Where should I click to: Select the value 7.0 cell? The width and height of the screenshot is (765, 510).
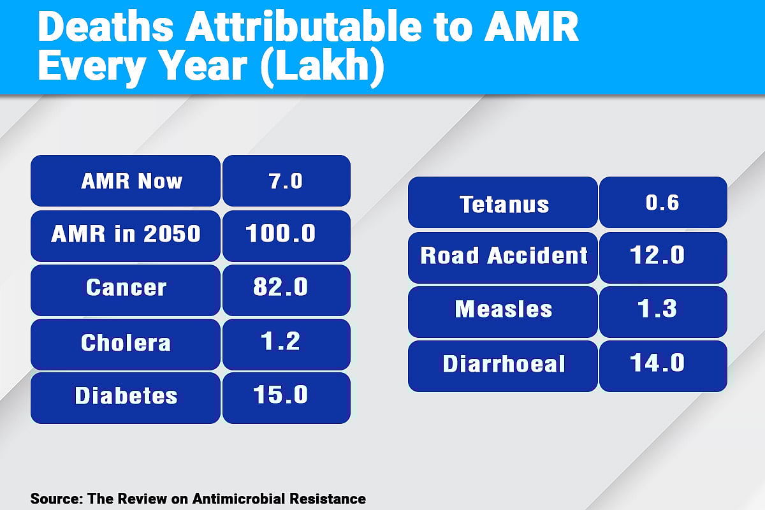(x=286, y=181)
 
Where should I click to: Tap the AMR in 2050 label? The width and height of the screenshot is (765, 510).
(x=126, y=235)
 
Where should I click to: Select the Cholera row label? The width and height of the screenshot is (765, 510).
(x=126, y=344)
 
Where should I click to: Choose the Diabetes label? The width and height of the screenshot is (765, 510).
(x=126, y=397)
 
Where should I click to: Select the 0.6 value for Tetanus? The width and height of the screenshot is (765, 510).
(x=663, y=203)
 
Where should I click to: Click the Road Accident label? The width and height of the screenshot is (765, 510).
(x=503, y=257)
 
